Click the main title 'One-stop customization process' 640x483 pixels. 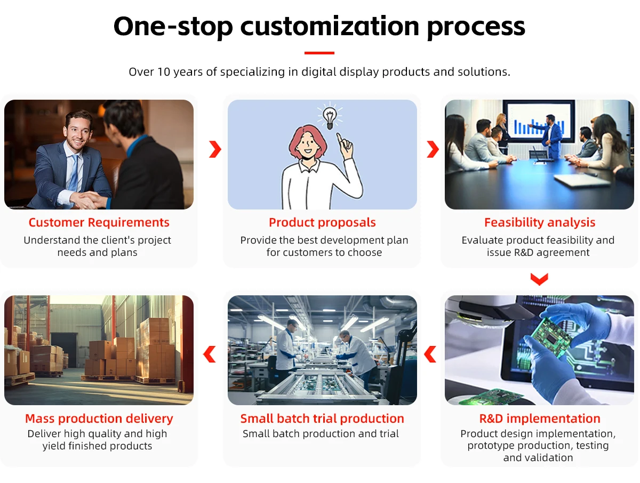coord(319,26)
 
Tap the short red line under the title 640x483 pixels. coord(319,53)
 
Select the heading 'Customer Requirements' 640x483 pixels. coord(99,223)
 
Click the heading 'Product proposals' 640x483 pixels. coord(322,223)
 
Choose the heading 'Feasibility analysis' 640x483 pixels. coord(539,223)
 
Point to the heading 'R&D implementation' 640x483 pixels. coord(539,418)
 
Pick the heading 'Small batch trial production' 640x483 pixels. coord(322,418)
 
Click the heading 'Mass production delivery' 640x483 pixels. coord(99,418)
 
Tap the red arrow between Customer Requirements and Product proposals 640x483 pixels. coord(215,150)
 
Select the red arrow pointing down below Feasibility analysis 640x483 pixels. coord(539,279)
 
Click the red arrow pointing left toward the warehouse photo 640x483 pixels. coord(210,354)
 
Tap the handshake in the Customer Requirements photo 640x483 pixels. coord(88,200)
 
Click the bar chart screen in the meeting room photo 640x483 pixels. coord(539,123)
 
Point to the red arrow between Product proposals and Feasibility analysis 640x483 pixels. coord(433,150)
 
